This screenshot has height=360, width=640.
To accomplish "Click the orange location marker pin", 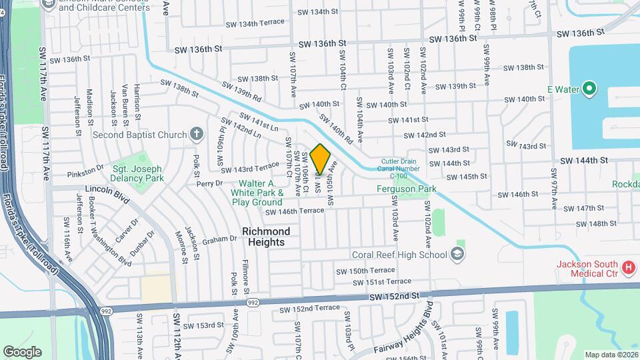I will point(321,159).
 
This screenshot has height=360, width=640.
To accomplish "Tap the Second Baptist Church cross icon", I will point(196,135).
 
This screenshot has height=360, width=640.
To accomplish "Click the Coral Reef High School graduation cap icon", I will point(457,254).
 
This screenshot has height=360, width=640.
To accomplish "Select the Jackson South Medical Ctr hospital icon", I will point(627,267).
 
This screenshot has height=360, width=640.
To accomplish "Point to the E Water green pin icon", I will point(589,89).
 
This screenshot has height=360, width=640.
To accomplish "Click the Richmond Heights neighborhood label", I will point(266,237).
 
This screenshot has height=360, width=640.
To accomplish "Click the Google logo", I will point(22,351).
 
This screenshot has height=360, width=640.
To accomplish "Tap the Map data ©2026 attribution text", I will point(611,355).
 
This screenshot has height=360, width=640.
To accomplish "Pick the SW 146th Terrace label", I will point(295,211).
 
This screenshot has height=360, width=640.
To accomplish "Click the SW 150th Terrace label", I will point(365,271).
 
